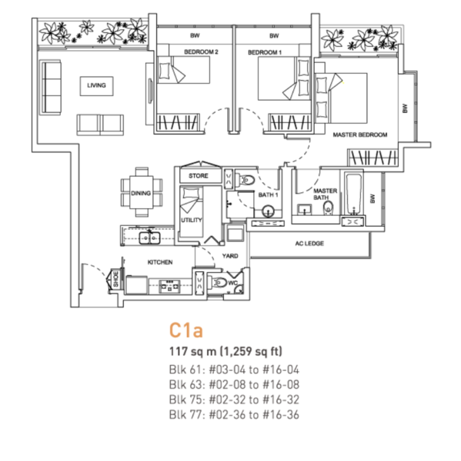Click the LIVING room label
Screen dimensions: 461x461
[x=96, y=85]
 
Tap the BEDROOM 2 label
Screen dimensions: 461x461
[x=201, y=52]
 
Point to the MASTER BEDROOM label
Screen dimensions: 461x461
[x=360, y=134]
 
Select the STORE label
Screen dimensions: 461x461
[x=199, y=176]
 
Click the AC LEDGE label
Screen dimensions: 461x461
[x=309, y=244]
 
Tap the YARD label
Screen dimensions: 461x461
[x=230, y=256]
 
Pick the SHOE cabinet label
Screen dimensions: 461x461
[x=115, y=279]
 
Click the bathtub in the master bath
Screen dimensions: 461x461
[x=353, y=194]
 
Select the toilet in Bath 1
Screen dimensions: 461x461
[x=245, y=179]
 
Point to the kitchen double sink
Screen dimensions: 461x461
[x=149, y=237]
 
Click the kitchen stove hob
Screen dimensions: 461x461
[x=169, y=287]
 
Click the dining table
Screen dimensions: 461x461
[x=141, y=192]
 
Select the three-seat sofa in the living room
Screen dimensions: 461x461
[x=50, y=87]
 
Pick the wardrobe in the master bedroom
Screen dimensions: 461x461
[x=373, y=158]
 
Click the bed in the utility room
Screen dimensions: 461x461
[x=191, y=211]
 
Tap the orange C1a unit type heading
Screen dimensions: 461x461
[x=186, y=330]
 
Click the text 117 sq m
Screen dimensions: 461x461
[x=192, y=351]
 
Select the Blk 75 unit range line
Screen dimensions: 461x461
[x=234, y=400]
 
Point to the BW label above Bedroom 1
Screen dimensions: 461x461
[x=274, y=36]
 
